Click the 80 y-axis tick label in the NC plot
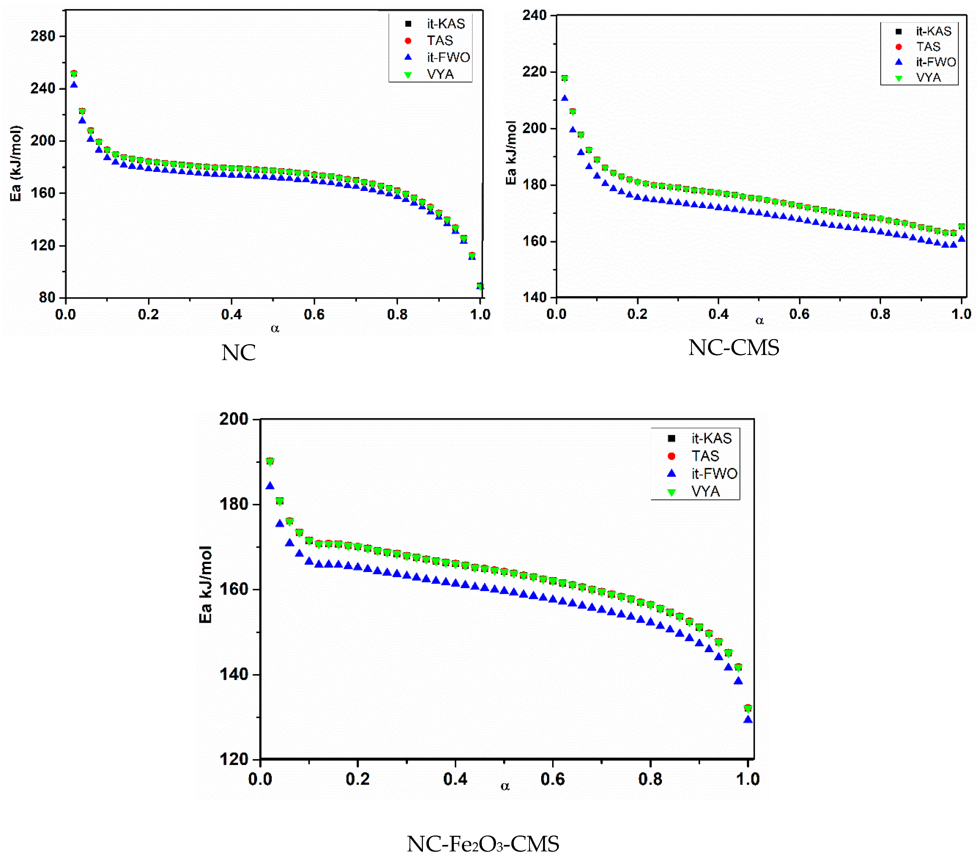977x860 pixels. tap(46, 297)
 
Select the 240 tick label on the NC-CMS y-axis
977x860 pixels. tap(534, 15)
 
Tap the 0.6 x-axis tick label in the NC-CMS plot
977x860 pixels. tap(799, 314)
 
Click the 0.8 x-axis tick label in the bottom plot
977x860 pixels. tap(650, 779)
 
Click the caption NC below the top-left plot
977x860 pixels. tap(239, 353)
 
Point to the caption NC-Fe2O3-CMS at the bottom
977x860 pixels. tap(483, 844)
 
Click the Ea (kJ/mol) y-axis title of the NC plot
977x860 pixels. tap(16, 163)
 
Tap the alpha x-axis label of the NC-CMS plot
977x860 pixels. tap(760, 321)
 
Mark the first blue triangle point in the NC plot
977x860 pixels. tap(74, 85)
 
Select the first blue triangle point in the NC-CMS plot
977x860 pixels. tap(565, 98)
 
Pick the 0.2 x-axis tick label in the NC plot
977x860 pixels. tap(148, 314)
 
